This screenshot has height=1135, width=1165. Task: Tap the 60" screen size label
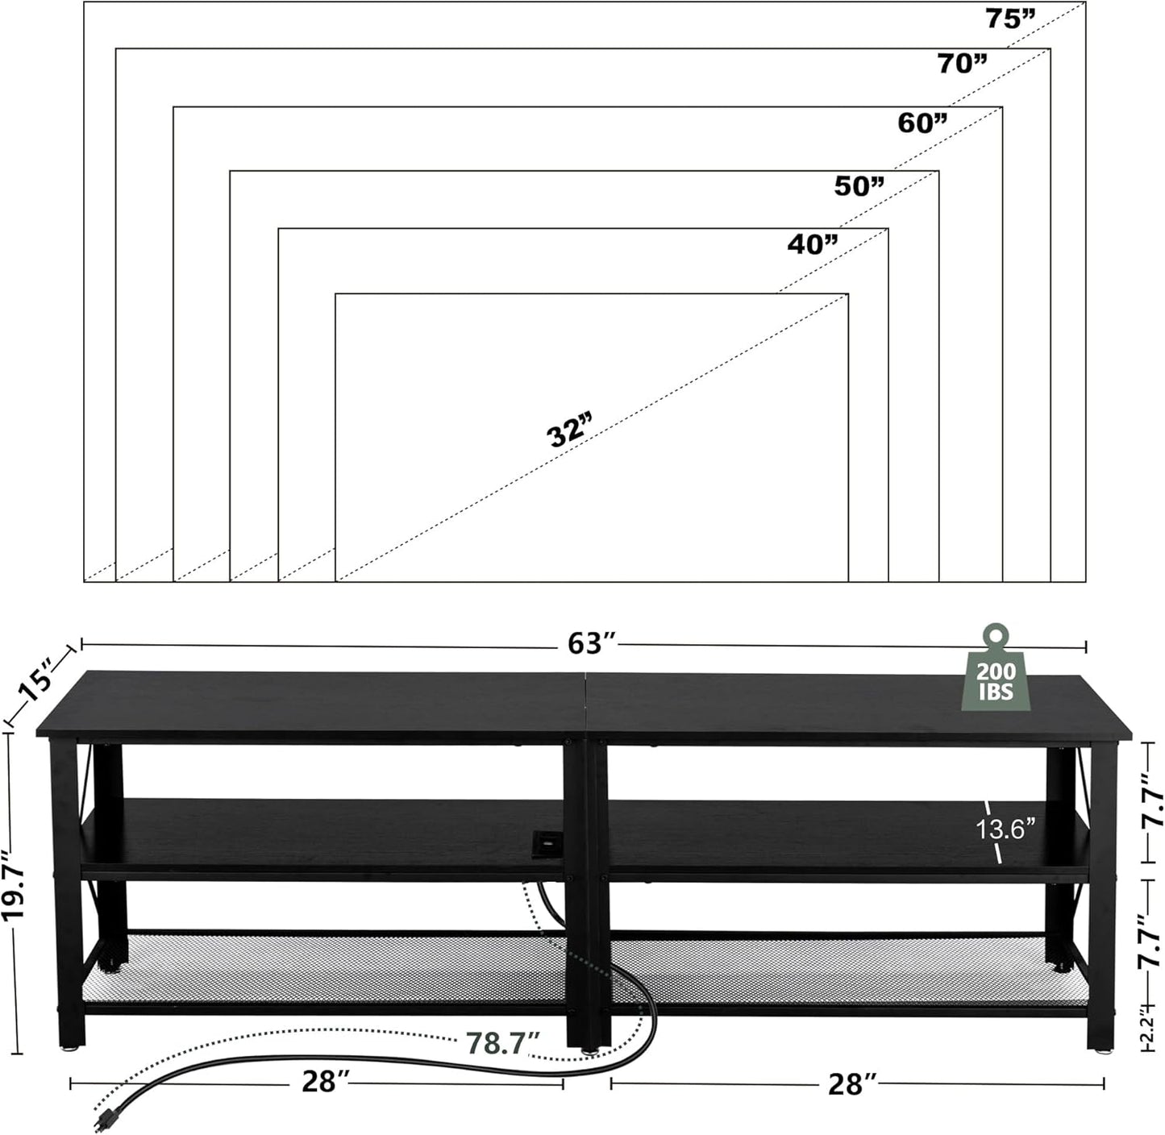click(922, 123)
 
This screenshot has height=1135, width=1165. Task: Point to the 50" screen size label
click(859, 186)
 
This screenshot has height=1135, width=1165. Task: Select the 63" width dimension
click(592, 643)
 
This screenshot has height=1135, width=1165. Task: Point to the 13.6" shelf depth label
click(1005, 829)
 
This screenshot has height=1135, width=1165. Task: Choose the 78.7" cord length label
click(501, 1042)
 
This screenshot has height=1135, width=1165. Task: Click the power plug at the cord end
click(104, 1119)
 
